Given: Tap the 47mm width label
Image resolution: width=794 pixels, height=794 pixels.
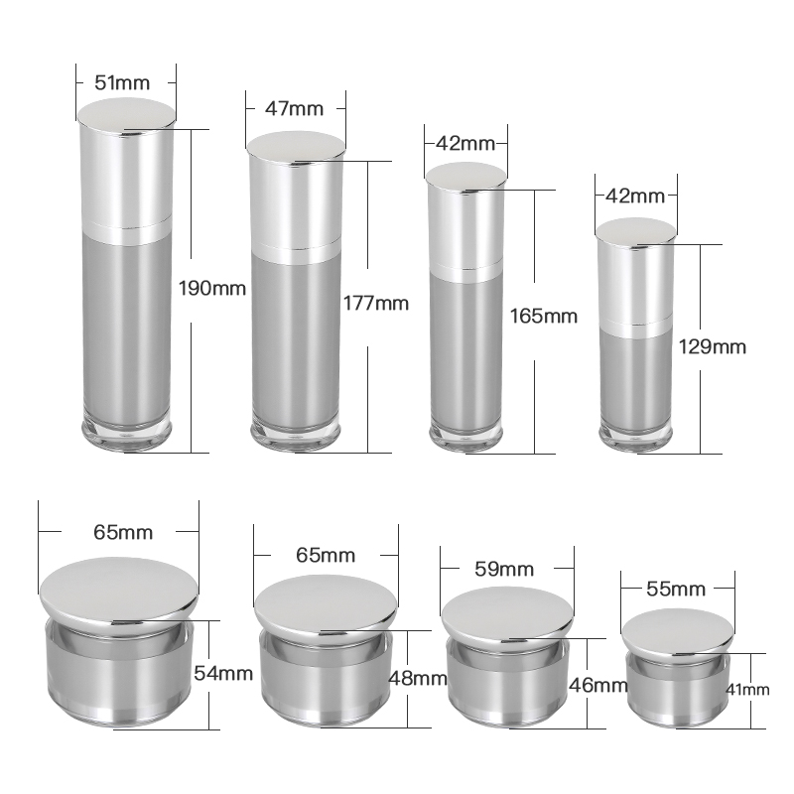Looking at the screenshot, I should [296, 110].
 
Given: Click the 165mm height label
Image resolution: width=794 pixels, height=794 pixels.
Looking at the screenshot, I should [543, 317].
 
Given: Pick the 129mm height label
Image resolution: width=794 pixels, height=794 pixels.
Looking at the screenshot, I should [712, 346].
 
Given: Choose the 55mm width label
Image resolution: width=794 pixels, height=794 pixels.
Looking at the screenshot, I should [670, 590].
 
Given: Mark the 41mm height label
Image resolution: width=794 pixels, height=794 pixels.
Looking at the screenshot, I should [748, 689].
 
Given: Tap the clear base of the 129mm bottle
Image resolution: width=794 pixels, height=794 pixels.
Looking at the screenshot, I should [637, 434].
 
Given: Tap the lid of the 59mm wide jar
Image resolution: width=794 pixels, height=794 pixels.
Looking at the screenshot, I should [507, 614].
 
